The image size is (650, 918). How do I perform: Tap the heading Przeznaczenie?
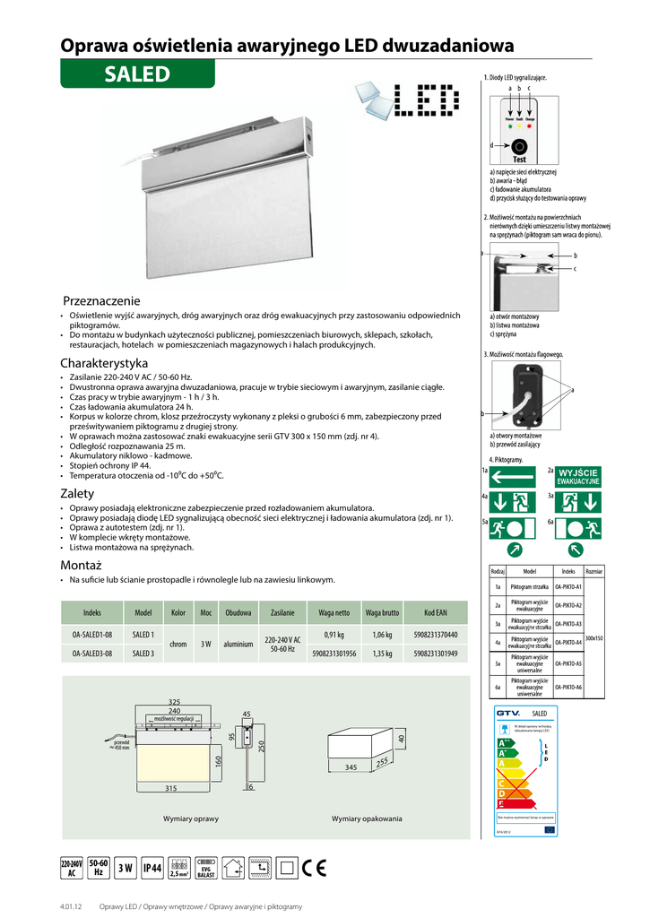point(102,300)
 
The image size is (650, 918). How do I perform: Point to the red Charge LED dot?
point(530,126)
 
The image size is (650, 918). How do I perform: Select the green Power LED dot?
point(508,126)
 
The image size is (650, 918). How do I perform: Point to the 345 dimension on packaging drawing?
point(351,768)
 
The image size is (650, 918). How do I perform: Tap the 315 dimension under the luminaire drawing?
point(170,788)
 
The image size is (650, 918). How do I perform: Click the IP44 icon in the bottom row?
point(152,868)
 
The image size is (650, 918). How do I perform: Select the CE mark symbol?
point(314,867)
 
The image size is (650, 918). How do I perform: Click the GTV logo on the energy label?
point(509,712)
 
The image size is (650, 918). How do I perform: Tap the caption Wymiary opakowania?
point(367,818)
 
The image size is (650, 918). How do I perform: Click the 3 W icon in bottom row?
point(126,868)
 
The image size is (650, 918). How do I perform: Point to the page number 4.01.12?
point(72,907)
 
